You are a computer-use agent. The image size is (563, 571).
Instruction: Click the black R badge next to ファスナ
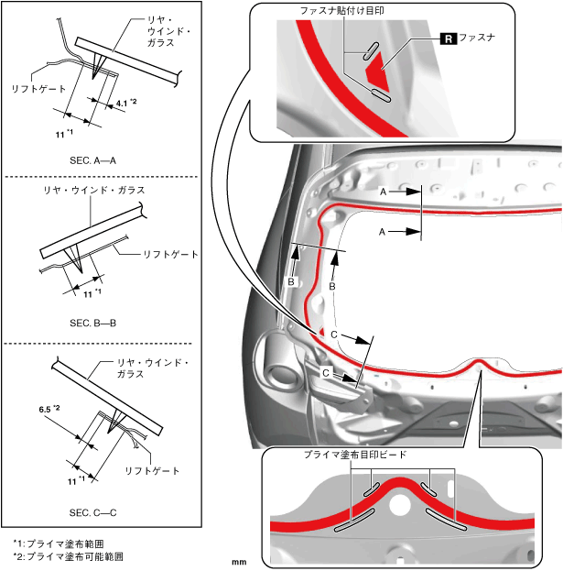448,38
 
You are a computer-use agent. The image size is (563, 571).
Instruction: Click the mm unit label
240,562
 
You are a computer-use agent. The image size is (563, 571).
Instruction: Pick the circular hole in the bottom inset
399,505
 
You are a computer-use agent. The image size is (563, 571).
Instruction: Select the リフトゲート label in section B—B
171,253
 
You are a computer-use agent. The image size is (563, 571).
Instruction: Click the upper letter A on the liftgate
384,191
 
